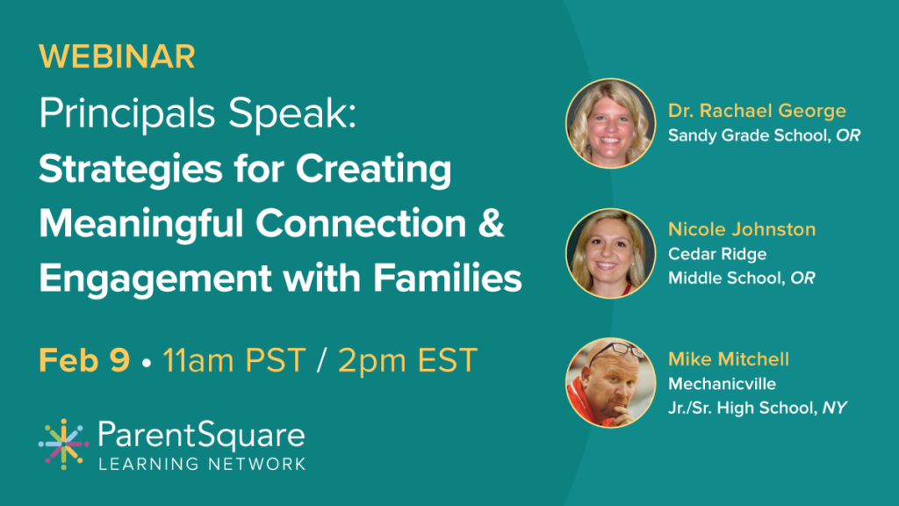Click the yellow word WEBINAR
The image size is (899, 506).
pyautogui.click(x=117, y=56)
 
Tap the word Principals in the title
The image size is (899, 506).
pyautogui.click(x=127, y=114)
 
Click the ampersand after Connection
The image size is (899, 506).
pyautogui.click(x=492, y=222)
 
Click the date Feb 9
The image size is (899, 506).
pyautogui.click(x=84, y=360)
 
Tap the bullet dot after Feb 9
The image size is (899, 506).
pyautogui.click(x=147, y=363)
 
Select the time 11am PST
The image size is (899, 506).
pyautogui.click(x=234, y=360)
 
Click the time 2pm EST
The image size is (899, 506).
pyautogui.click(x=407, y=360)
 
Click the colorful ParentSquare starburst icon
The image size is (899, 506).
pyautogui.click(x=63, y=445)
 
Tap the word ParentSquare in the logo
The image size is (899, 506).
pyautogui.click(x=201, y=436)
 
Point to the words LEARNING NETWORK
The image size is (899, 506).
pyautogui.click(x=202, y=464)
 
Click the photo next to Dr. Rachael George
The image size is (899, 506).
pyautogui.click(x=611, y=123)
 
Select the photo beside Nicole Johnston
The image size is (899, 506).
pyautogui.click(x=611, y=253)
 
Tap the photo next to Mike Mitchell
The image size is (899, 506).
pyautogui.click(x=611, y=383)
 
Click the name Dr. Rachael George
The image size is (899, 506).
pyautogui.click(x=757, y=111)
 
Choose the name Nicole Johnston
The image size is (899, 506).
pyautogui.click(x=742, y=229)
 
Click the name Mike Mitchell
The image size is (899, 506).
pyautogui.click(x=729, y=359)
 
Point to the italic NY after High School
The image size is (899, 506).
pyautogui.click(x=835, y=408)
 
